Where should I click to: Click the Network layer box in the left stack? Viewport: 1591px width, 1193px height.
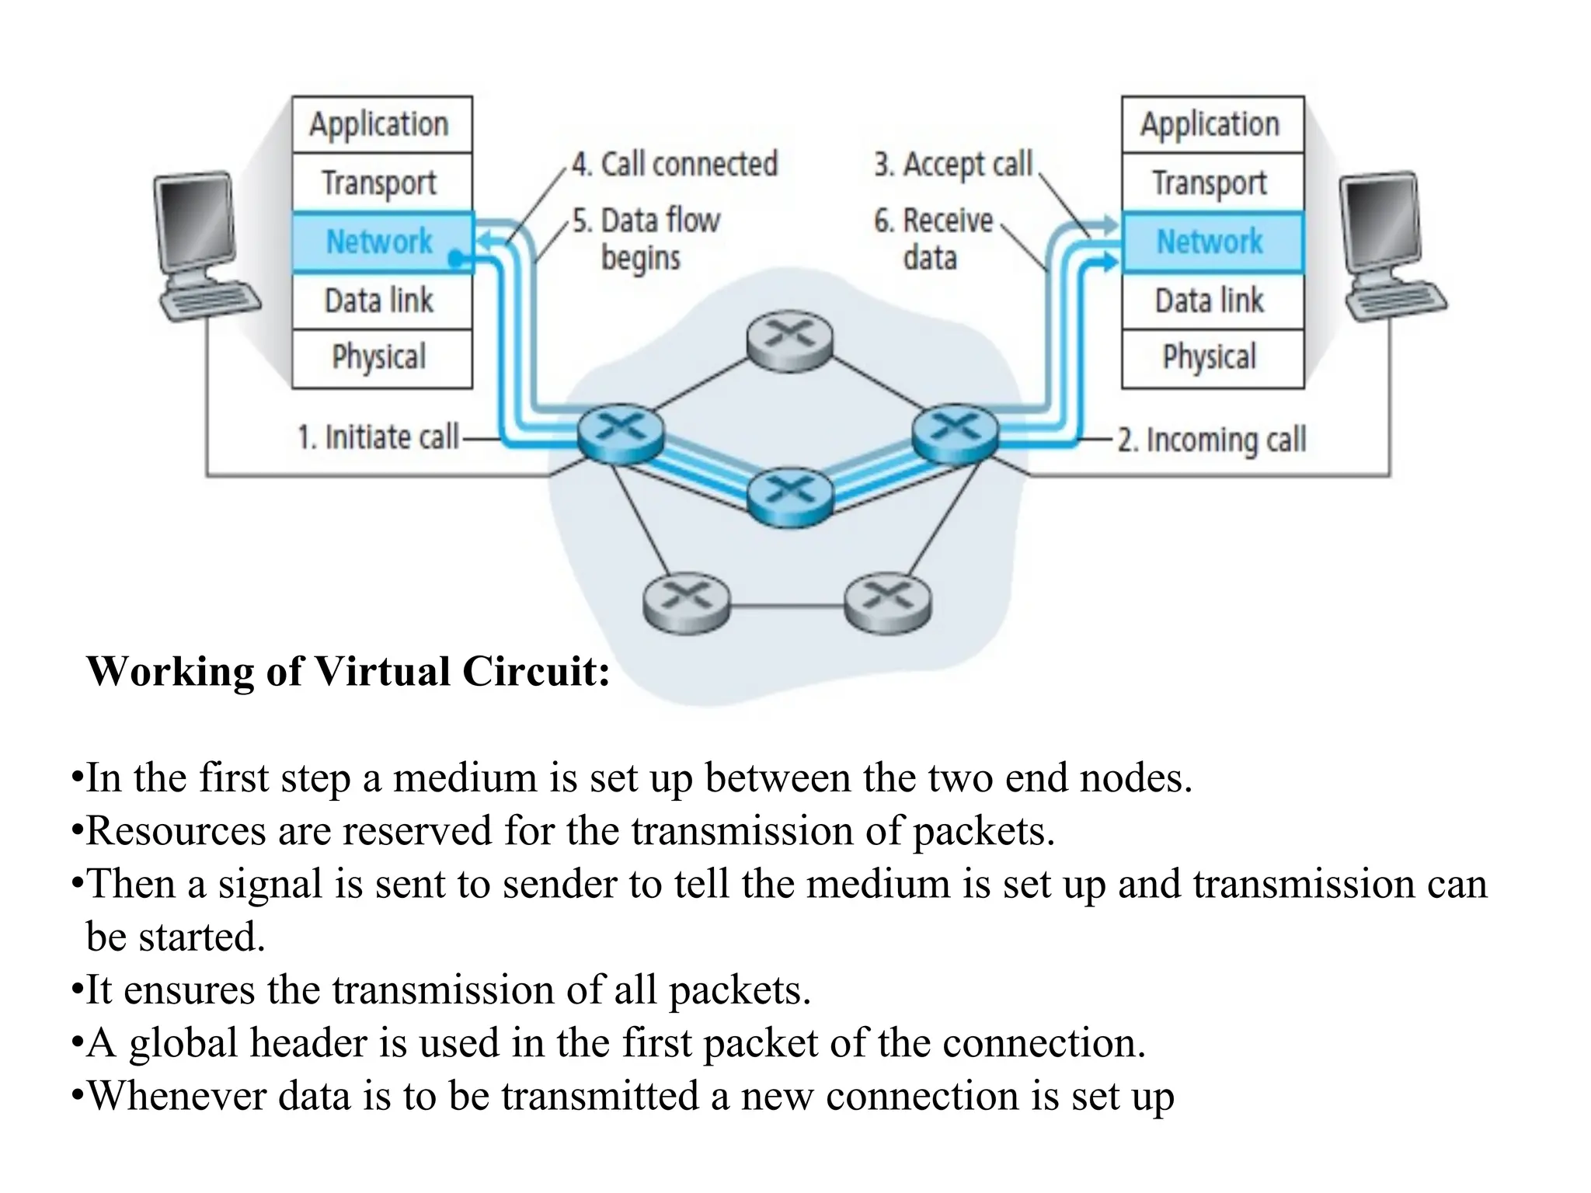click(381, 242)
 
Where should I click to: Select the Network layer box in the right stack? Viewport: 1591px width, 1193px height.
click(1210, 242)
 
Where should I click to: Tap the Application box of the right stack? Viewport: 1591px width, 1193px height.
click(1210, 124)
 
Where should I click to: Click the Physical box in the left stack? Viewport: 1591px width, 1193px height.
click(381, 357)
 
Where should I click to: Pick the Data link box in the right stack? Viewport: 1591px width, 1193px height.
click(1210, 301)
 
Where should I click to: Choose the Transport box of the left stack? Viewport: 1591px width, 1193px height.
click(381, 183)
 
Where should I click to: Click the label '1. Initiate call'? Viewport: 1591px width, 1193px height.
click(378, 437)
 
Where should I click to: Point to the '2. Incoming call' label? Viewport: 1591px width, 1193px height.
click(1212, 440)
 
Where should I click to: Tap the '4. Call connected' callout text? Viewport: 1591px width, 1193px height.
click(674, 165)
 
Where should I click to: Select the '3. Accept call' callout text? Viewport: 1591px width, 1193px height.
click(952, 165)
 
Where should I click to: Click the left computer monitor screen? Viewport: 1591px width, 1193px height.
click(195, 221)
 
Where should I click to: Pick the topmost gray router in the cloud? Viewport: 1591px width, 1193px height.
click(789, 340)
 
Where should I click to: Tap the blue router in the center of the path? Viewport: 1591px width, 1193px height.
click(789, 496)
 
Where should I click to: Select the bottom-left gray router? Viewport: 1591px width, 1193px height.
click(687, 602)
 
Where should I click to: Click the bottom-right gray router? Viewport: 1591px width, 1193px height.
click(887, 602)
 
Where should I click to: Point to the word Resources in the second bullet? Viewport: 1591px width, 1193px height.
click(176, 831)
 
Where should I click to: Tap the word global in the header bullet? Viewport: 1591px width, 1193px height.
click(183, 1043)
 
